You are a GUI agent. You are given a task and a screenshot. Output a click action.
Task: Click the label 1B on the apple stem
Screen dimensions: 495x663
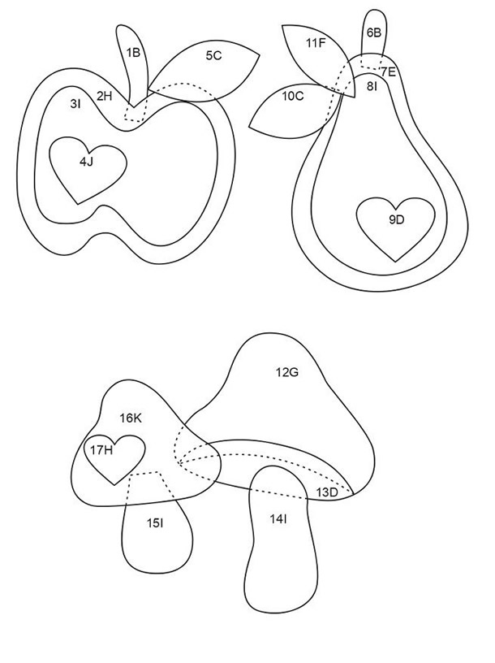tap(133, 53)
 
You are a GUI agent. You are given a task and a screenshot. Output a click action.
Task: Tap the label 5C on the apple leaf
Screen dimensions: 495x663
tap(213, 55)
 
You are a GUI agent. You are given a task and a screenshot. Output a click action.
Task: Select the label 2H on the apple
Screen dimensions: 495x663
tap(105, 96)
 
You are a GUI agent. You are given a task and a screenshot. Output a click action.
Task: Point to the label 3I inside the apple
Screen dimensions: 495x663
tap(75, 104)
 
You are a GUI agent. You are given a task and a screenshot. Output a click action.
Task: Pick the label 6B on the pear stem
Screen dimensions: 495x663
tap(374, 32)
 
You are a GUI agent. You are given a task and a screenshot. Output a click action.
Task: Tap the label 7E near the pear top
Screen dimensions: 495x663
tap(388, 71)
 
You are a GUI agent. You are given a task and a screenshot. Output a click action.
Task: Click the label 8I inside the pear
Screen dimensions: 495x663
tap(372, 87)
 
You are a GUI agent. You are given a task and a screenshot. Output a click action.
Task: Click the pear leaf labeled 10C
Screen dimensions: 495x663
tap(295, 110)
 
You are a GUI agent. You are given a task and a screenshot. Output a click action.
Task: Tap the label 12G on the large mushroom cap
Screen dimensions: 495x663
tap(287, 372)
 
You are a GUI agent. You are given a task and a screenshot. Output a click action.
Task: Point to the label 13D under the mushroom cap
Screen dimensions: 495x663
tap(327, 492)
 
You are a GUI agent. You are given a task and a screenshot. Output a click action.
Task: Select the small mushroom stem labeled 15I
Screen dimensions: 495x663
tap(157, 529)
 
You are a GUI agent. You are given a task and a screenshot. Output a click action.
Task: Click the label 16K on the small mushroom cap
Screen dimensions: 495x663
tap(130, 418)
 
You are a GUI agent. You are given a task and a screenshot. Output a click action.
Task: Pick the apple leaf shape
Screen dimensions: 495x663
tap(207, 71)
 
